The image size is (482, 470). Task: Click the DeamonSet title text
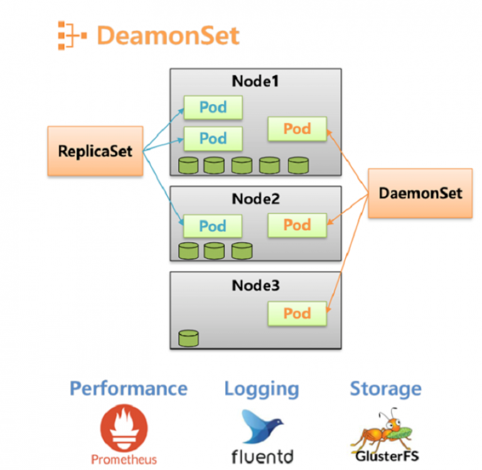(x=168, y=35)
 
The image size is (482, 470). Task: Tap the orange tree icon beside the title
(x=70, y=35)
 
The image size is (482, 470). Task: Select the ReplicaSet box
(x=95, y=151)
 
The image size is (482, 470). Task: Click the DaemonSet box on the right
(x=420, y=193)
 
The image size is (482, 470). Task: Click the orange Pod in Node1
(x=297, y=129)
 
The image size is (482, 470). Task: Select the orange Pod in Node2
(x=297, y=225)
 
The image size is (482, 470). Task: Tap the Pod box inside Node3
(x=297, y=313)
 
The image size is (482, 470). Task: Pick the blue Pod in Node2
(x=213, y=226)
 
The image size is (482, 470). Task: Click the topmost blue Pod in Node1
(x=213, y=107)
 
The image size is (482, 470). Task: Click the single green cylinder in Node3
(x=188, y=339)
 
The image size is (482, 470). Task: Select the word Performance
(x=128, y=388)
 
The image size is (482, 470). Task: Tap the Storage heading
(x=385, y=388)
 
